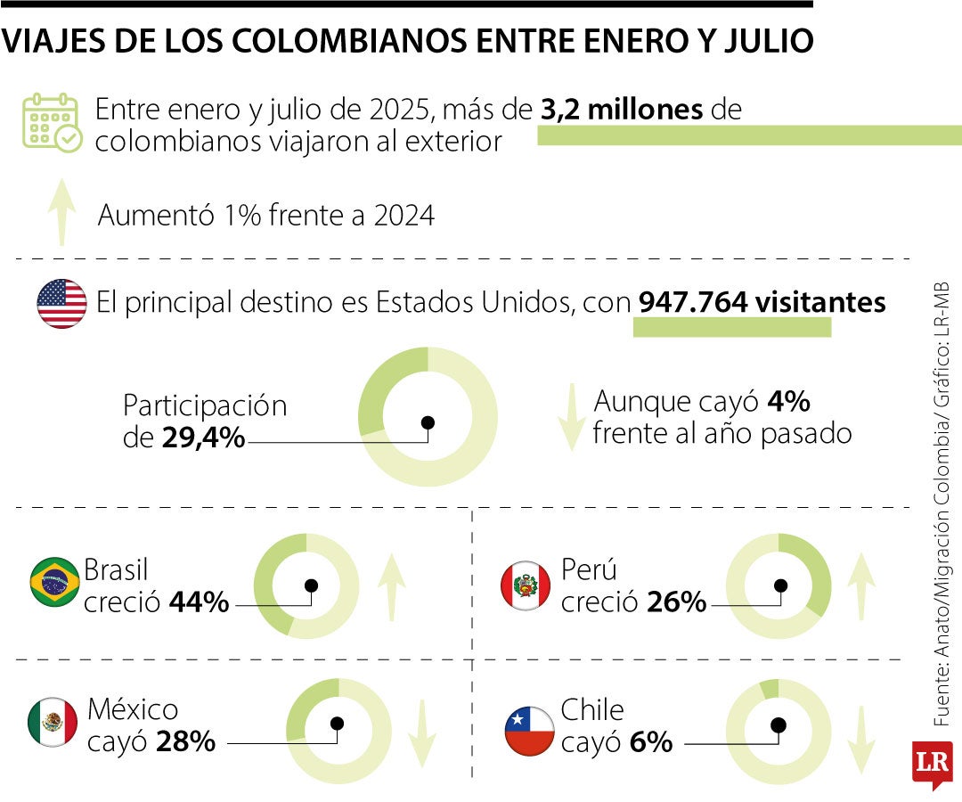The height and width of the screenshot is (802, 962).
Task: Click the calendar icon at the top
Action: (52, 122)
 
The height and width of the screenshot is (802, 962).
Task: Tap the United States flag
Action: (61, 304)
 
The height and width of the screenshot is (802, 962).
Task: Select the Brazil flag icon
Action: (54, 582)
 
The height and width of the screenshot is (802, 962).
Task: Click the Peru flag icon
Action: (526, 585)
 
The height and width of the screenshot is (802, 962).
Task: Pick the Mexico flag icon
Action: (53, 722)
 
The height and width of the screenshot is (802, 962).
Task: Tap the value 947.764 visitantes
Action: (762, 303)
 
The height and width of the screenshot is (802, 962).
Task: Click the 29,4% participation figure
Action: (203, 438)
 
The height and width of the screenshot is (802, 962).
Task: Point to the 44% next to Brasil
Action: (199, 602)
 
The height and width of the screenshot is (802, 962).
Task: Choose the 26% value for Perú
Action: (676, 602)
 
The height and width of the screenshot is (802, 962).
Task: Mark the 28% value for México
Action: (185, 741)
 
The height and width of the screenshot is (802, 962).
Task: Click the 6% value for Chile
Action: (651, 741)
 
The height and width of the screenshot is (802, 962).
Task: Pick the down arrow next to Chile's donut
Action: (861, 740)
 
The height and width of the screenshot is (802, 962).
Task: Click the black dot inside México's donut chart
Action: (337, 724)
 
